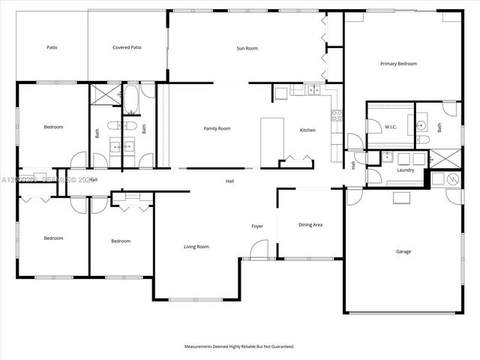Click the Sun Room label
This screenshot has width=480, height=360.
point(247,48)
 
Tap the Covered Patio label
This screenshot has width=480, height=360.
point(127,47)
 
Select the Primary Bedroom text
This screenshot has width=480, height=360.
point(398,64)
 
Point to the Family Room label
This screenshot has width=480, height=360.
point(217,128)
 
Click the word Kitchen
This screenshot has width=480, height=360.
point(307,130)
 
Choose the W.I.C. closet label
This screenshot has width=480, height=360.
point(390,127)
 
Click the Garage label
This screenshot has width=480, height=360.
point(403,251)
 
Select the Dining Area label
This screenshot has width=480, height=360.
point(310,224)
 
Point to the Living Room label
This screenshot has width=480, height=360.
point(196,246)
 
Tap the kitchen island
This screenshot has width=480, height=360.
point(270,138)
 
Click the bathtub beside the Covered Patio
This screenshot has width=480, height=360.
point(130,100)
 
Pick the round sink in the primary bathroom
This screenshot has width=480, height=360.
point(421,125)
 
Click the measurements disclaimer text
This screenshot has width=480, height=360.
point(239,346)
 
